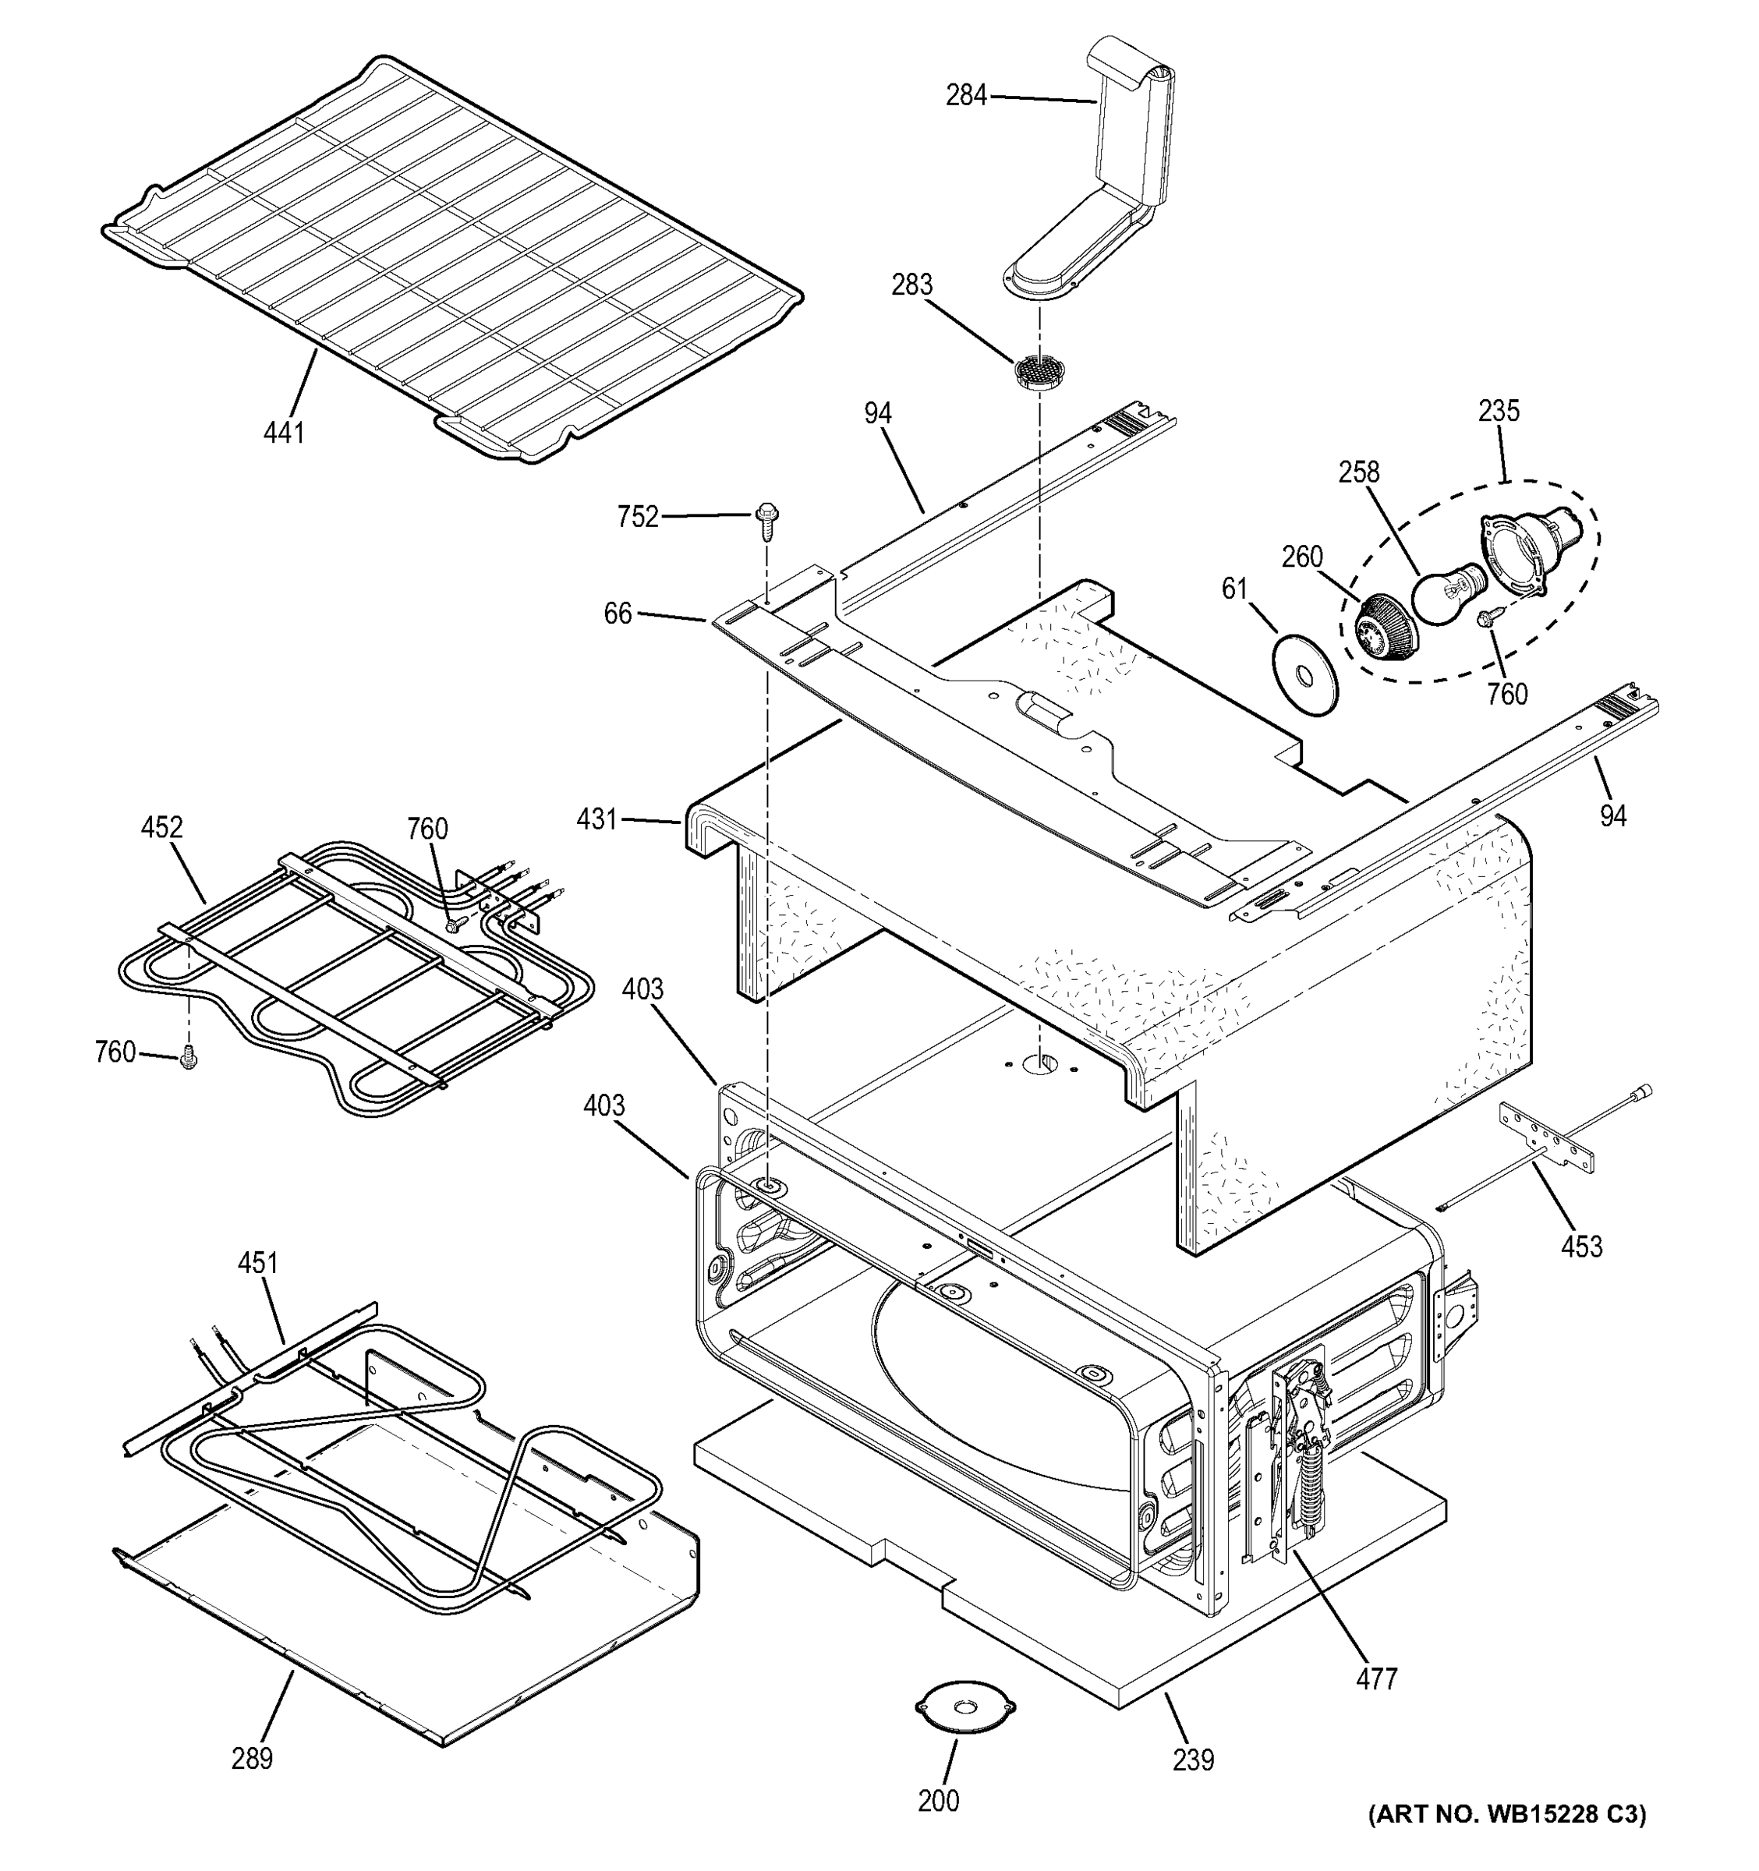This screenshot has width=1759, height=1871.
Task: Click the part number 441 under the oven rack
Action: (x=283, y=432)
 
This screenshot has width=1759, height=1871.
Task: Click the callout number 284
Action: (x=965, y=95)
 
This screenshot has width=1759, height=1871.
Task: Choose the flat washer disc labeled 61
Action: (x=1304, y=676)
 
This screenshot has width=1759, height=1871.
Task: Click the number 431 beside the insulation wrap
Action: (x=596, y=820)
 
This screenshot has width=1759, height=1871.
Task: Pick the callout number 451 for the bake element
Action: (x=258, y=1262)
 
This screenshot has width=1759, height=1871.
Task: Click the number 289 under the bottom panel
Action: (x=251, y=1757)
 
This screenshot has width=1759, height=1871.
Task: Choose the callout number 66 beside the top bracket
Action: (x=618, y=613)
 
